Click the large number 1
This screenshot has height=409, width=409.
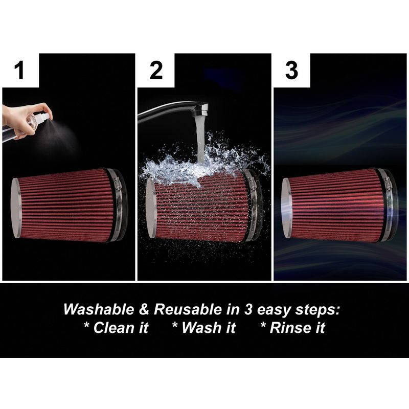pos(19,70)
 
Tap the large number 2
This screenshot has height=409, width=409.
pos(156,70)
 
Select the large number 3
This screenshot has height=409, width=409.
pos(291,70)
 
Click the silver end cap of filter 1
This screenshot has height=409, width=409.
pos(16,208)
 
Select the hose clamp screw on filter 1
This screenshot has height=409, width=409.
pos(117,182)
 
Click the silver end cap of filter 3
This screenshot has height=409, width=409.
pos(286,208)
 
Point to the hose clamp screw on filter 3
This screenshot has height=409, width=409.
pos(387,182)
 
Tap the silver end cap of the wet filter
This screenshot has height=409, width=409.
pos(151,208)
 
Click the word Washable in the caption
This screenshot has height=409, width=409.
pos(99,309)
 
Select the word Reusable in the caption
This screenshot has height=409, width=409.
pos(188,309)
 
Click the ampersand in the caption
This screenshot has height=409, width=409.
pos(144,309)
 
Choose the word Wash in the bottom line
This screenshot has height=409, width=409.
pos(201,328)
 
